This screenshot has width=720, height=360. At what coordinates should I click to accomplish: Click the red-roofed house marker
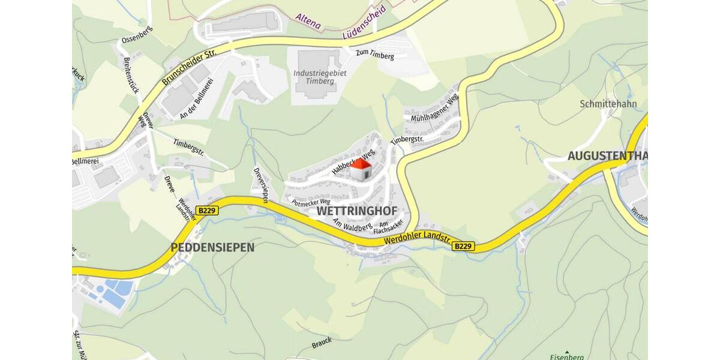point(361,170)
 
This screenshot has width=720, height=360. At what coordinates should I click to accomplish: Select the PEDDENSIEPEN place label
point(212,247)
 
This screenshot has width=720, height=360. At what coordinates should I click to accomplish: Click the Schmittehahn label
point(608,104)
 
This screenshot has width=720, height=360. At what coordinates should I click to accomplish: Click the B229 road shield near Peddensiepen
point(207,211)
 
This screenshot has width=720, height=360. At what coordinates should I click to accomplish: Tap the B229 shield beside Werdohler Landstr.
point(463,246)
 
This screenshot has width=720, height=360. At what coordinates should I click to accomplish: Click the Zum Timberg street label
point(375,55)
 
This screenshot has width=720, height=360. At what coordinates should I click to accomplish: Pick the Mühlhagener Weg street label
point(434,108)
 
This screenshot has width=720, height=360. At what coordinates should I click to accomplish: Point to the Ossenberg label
point(137,34)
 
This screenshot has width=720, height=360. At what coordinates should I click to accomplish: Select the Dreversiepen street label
point(260,185)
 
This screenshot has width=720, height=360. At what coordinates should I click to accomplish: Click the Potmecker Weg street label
point(311,203)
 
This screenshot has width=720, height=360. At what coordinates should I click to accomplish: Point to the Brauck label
point(322,343)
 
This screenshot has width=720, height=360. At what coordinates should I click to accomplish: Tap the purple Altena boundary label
point(308,22)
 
